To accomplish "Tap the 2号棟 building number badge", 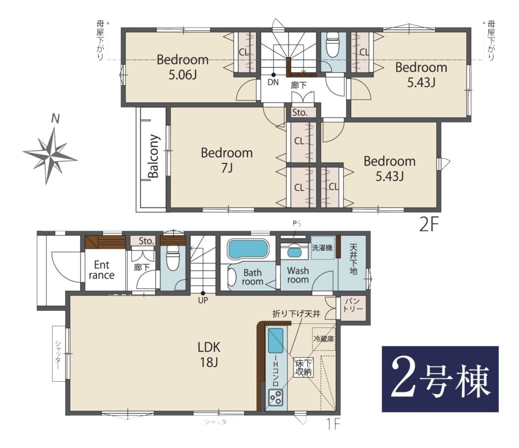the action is tap(440, 379).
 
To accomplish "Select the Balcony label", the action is tap(154, 156).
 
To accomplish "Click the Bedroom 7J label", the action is tap(227, 160).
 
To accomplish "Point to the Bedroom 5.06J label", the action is tap(182, 67).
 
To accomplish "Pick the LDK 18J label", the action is tap(209, 355).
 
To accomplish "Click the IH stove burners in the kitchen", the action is tap(275, 397).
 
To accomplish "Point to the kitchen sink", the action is tap(275, 340).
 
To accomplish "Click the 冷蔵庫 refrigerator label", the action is tap(324, 339).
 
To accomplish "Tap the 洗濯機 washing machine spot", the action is tap(322, 248).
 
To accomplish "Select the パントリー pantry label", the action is tap(353, 305).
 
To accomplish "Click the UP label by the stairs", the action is tap(203, 301).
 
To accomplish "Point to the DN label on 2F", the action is tap(273, 83).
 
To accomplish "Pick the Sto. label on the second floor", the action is tap(300, 112).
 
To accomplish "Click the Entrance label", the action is tap(101, 270).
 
